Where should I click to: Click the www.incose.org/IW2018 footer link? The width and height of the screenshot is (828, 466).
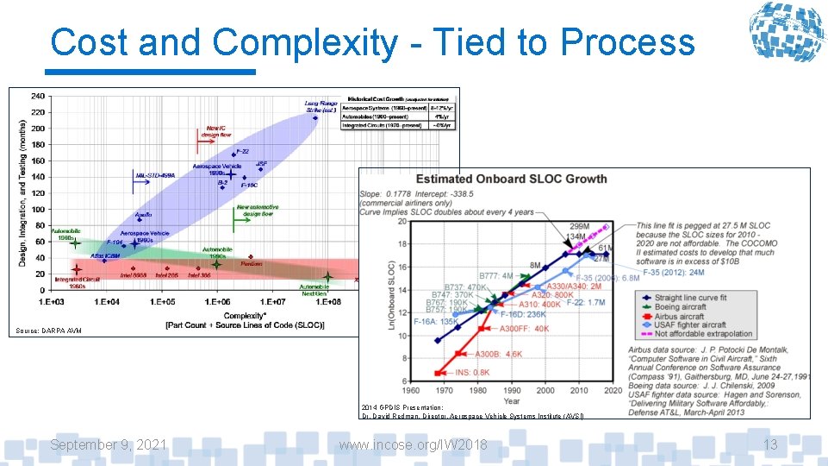(413, 444)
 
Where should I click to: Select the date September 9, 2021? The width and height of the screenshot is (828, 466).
(108, 444)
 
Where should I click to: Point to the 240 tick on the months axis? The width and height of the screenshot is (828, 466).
(39, 96)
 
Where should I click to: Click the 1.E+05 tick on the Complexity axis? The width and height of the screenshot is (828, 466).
(162, 303)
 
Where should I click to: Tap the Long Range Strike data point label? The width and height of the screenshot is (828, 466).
(320, 107)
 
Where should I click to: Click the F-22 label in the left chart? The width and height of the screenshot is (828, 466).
(242, 151)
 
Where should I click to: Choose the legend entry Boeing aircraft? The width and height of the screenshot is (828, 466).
(681, 306)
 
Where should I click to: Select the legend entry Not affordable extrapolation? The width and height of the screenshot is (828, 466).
(703, 333)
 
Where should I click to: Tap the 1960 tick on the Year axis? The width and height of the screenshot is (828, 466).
(412, 390)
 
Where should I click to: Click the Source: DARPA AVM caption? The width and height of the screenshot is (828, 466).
(48, 331)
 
